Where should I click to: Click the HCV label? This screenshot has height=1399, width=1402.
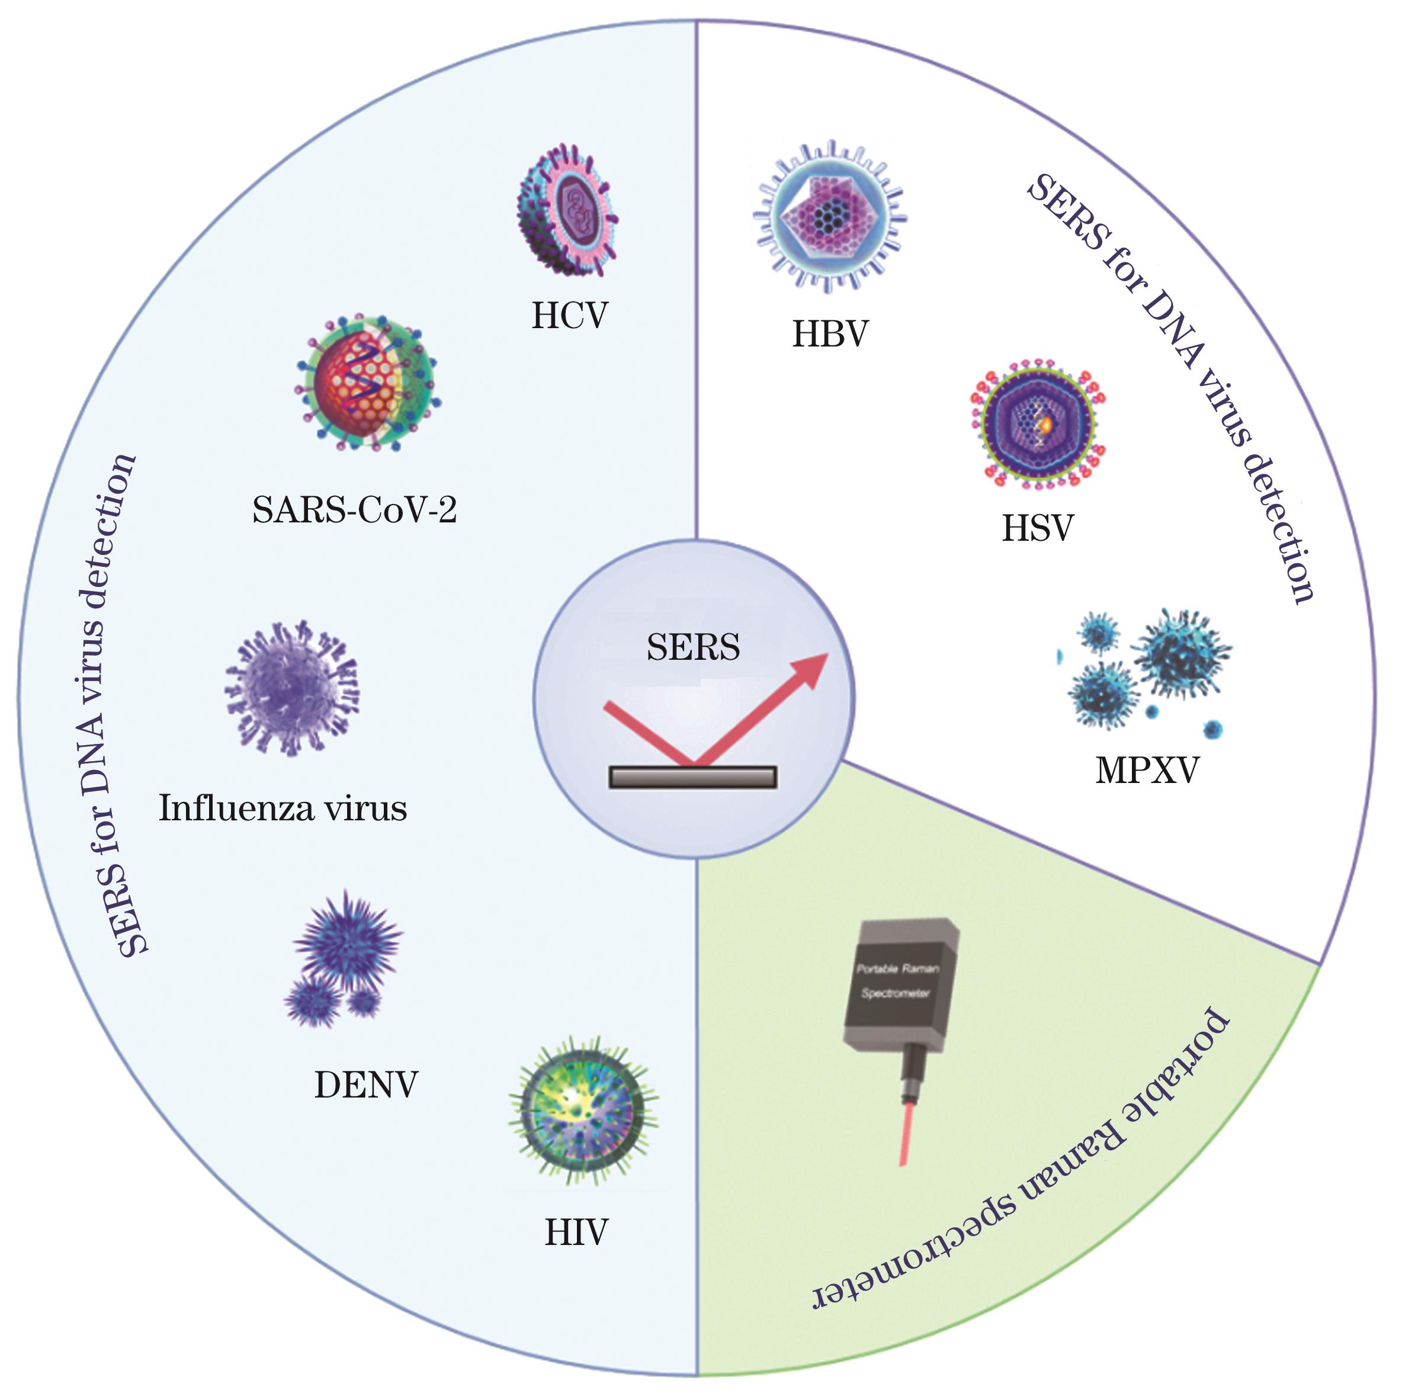[x=570, y=316]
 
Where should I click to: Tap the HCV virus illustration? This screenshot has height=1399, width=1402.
[x=568, y=211]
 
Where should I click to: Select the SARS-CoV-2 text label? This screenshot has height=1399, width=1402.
[x=354, y=510]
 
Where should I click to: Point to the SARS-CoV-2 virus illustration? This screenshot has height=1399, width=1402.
[x=367, y=383]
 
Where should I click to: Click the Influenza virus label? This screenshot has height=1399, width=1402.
[x=283, y=808]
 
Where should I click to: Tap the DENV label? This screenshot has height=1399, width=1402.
[x=367, y=1086]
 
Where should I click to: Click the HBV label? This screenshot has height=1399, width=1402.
[x=830, y=335]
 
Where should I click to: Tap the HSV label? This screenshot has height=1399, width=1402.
[x=1038, y=529]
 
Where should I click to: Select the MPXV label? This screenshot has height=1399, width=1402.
[x=1147, y=771]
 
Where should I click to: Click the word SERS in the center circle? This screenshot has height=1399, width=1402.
[x=693, y=647]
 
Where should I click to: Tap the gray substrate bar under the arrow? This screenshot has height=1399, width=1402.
[x=693, y=777]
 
